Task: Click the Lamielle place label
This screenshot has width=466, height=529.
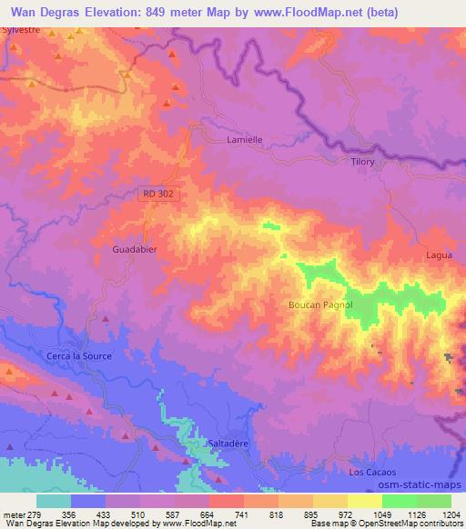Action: [x=244, y=140]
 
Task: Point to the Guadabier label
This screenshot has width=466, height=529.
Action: [x=135, y=247]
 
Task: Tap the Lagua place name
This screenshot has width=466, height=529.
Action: [x=439, y=256]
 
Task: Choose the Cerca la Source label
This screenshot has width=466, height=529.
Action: [x=79, y=356]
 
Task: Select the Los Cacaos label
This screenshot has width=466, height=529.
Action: [x=372, y=473]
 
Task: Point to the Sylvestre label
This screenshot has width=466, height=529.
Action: [x=21, y=29]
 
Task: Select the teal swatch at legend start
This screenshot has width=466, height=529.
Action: [x=54, y=501]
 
